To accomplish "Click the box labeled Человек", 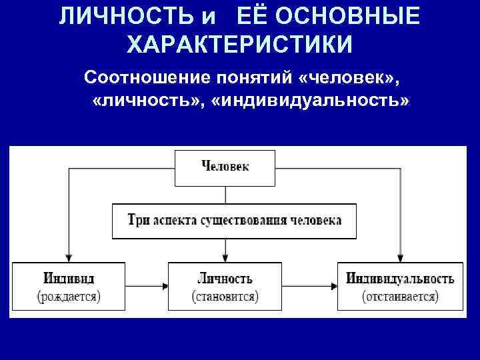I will (x=225, y=167).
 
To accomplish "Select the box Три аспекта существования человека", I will (x=233, y=221).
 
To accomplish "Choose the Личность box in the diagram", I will (x=225, y=286).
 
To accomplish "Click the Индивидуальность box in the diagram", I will (x=400, y=286).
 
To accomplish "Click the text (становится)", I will (x=225, y=295).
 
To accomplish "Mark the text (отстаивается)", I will (x=400, y=295).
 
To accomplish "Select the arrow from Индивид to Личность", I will (x=147, y=286).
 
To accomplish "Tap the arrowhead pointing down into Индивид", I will (x=69, y=257).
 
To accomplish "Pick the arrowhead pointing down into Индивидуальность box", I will (x=400, y=257).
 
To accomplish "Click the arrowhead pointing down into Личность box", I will (x=225, y=257).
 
